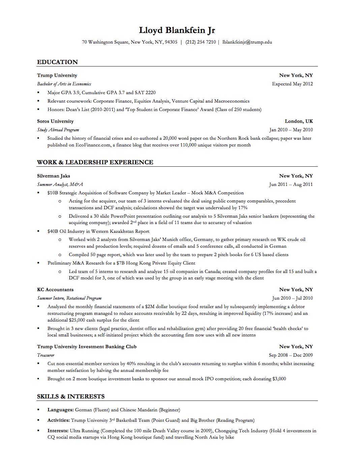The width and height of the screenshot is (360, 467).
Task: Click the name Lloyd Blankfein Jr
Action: pyautogui.click(x=177, y=30)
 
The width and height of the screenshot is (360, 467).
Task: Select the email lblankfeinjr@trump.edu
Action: pyautogui.click(x=247, y=42)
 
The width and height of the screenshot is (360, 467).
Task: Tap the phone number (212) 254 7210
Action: pyautogui.click(x=201, y=42)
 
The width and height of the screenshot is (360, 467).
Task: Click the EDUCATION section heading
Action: pyautogui.click(x=57, y=62)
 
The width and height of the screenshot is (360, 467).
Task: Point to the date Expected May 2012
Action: pyautogui.click(x=292, y=84)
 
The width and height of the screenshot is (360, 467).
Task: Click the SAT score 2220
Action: pyautogui.click(x=150, y=92)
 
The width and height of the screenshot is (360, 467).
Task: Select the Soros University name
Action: pyautogui.click(x=55, y=121)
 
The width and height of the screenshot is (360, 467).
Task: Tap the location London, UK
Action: pyautogui.click(x=299, y=121)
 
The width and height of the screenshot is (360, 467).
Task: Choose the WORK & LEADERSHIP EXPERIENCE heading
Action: pyautogui.click(x=95, y=162)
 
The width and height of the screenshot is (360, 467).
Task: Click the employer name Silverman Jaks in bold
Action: pyautogui.click(x=54, y=176)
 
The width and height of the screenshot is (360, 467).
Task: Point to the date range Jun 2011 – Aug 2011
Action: pyautogui.click(x=291, y=185)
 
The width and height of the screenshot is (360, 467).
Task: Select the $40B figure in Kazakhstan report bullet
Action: pyautogui.click(x=53, y=231)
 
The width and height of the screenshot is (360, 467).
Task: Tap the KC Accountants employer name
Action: pyautogui.click(x=55, y=290)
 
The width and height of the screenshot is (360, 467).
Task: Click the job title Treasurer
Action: pyautogui.click(x=46, y=355)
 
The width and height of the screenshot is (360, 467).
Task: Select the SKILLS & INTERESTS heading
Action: pyautogui.click(x=71, y=396)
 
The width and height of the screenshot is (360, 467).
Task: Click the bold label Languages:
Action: pyautogui.click(x=60, y=410)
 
